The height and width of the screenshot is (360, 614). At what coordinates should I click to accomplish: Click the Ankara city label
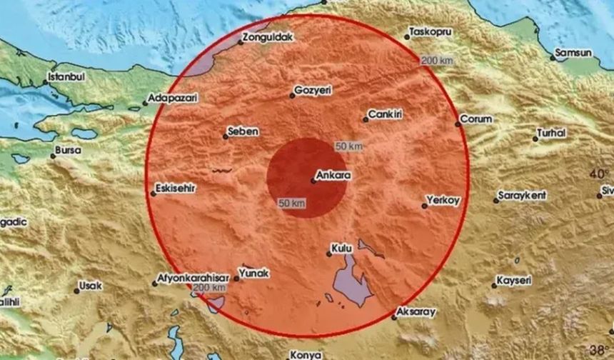click(333, 174)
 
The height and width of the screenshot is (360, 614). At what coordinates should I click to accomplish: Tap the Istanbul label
click(66, 76)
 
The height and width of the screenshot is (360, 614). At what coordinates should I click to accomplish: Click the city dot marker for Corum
click(458, 124)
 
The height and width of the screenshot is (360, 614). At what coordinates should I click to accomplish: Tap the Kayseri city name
click(515, 281)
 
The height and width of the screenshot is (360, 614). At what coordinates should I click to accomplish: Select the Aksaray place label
click(418, 312)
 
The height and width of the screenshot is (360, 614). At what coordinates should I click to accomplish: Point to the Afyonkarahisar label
click(189, 277)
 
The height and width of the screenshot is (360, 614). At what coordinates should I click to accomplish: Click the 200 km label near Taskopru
click(436, 61)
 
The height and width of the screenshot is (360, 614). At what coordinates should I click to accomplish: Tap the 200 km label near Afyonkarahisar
click(210, 287)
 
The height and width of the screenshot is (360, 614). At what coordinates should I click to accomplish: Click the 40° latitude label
click(598, 174)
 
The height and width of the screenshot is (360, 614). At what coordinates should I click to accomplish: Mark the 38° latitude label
click(602, 350)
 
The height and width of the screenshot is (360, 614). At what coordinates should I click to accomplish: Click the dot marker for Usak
click(76, 291)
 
